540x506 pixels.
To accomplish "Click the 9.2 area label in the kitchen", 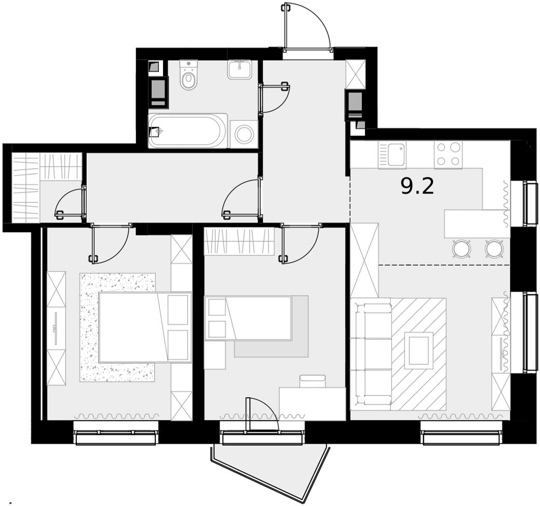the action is [417, 187].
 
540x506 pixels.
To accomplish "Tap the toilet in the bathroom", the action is [188, 75].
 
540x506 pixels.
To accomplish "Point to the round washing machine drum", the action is [244, 134].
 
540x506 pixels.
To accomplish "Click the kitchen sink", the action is [392, 155].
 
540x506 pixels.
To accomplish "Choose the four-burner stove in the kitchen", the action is [448, 155].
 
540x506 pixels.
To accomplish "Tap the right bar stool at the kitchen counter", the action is [494, 248].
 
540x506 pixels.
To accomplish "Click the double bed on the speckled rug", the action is [145, 327].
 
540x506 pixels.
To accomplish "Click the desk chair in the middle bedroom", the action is [313, 381].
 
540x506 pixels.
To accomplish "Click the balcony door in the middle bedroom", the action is [262, 414].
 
